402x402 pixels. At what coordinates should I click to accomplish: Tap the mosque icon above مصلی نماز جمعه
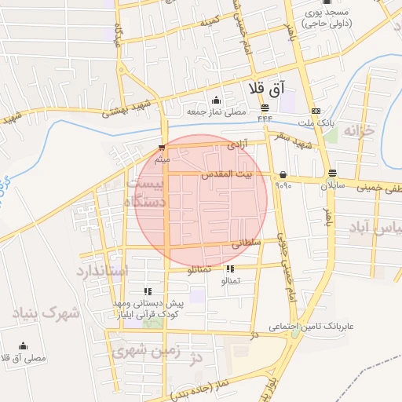pyautogui.click(x=216, y=100)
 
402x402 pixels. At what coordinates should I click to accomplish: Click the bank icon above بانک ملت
pyautogui.click(x=316, y=111)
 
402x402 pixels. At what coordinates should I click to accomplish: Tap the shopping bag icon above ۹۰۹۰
pyautogui.click(x=283, y=174)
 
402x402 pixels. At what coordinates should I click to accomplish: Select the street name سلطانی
pyautogui.click(x=246, y=244)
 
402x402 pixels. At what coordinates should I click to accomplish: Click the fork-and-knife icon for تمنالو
pyautogui.click(x=229, y=269)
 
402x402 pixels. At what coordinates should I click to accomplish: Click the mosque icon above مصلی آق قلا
pyautogui.click(x=23, y=345)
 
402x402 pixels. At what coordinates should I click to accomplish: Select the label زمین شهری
pyautogui.click(x=146, y=351)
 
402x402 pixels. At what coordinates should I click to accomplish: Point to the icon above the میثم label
pyautogui.click(x=162, y=148)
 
